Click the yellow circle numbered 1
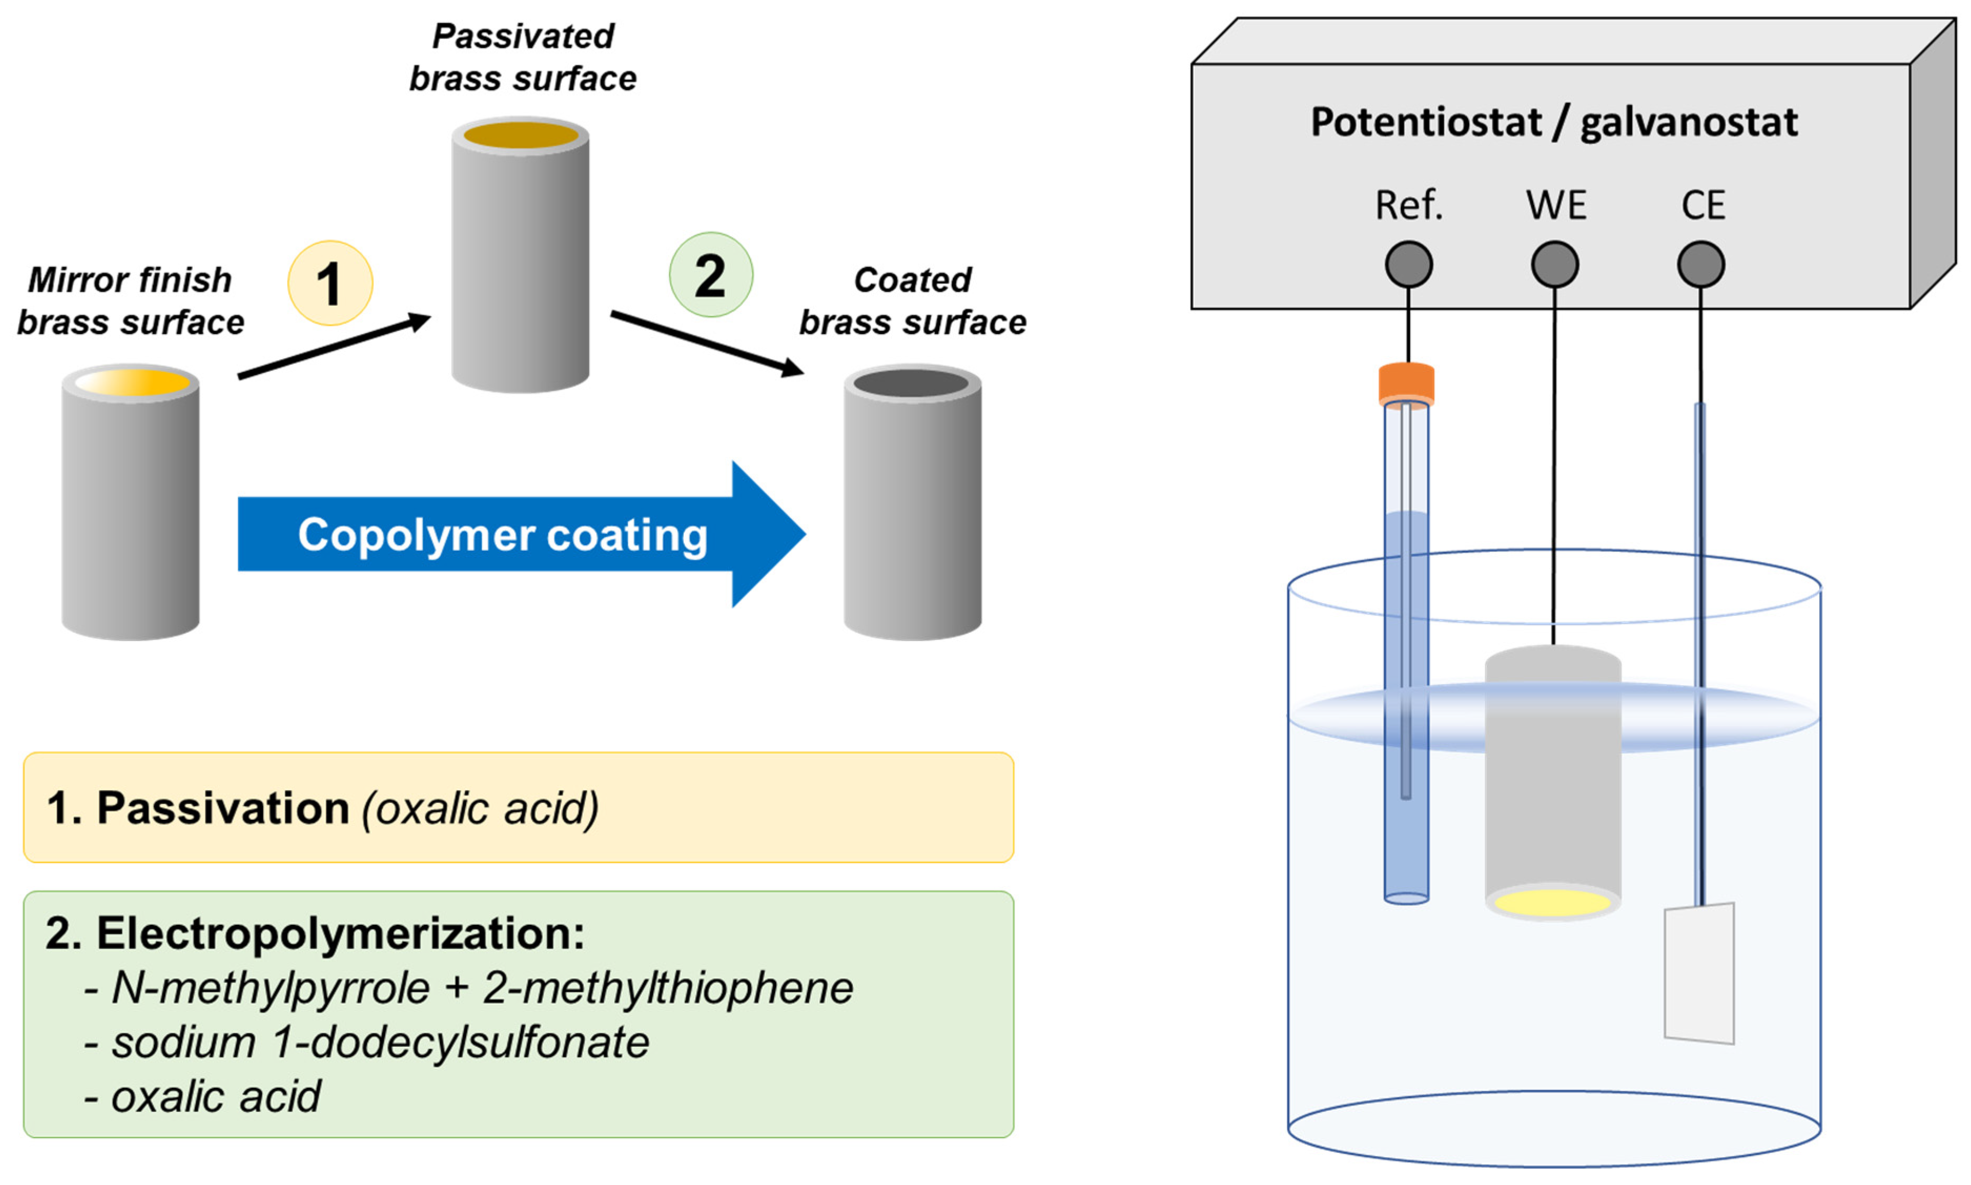click(330, 283)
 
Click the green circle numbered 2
click(710, 275)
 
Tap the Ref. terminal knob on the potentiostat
click(1408, 264)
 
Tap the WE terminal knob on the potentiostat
click(1554, 264)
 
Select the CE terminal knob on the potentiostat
click(1700, 264)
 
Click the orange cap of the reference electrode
click(1407, 383)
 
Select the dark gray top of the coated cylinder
click(911, 383)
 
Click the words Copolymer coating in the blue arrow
click(502, 534)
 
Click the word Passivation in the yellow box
click(223, 808)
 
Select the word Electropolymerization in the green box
click(340, 933)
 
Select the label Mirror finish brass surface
click(130, 301)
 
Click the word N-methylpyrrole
click(270, 988)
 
